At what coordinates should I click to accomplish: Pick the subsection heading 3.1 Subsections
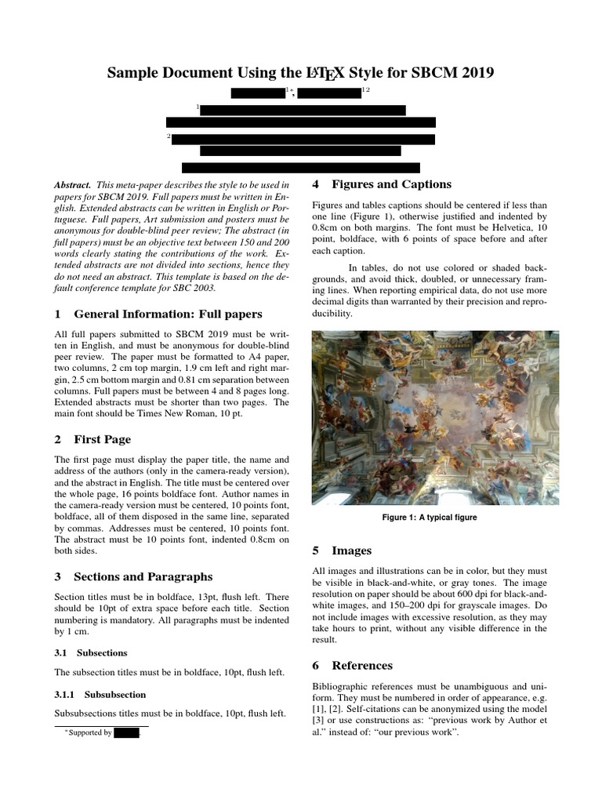click(x=90, y=652)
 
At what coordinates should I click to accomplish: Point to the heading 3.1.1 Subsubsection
click(x=100, y=694)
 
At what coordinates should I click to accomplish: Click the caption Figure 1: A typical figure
click(x=429, y=518)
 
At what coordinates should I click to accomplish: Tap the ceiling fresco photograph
click(x=435, y=417)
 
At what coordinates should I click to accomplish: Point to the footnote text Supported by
click(x=90, y=733)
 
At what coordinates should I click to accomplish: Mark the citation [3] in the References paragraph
click(x=318, y=719)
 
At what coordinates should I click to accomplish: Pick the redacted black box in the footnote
click(x=126, y=733)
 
